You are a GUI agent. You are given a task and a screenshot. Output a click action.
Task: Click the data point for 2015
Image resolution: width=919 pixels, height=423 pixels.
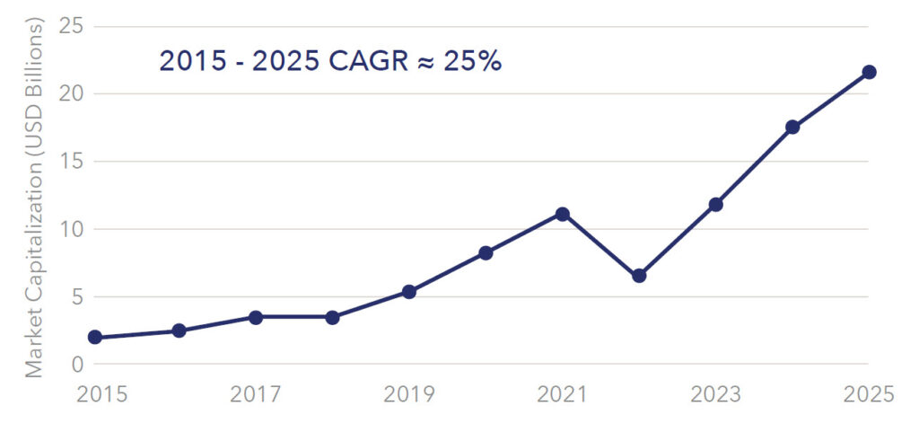pyautogui.click(x=94, y=338)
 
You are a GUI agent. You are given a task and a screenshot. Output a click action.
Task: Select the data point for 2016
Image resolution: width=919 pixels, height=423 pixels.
pyautogui.click(x=179, y=330)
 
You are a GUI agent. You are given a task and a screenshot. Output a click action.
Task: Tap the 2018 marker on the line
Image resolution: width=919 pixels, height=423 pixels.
pyautogui.click(x=332, y=317)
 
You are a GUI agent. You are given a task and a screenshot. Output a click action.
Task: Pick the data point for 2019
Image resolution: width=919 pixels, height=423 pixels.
pyautogui.click(x=409, y=292)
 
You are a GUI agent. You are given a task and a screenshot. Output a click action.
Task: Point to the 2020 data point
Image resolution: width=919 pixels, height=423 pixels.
pyautogui.click(x=486, y=253)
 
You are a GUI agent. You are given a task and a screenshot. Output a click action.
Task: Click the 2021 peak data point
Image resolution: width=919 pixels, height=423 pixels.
pyautogui.click(x=563, y=214)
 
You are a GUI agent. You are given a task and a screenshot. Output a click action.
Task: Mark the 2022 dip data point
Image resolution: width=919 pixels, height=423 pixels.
pyautogui.click(x=639, y=276)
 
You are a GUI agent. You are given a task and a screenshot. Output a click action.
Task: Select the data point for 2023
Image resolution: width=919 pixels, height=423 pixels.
pyautogui.click(x=716, y=204)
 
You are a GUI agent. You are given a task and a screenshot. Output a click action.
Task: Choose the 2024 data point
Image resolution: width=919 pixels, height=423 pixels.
pyautogui.click(x=792, y=127)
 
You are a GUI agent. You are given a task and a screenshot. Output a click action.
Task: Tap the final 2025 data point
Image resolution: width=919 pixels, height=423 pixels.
pyautogui.click(x=869, y=72)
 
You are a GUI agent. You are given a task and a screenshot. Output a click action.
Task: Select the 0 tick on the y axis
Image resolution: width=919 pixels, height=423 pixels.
pyautogui.click(x=76, y=365)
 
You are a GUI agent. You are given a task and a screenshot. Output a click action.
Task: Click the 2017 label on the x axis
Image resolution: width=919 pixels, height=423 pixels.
pyautogui.click(x=255, y=394)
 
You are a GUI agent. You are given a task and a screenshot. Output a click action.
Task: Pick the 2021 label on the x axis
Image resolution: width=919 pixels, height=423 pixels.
pyautogui.click(x=563, y=394)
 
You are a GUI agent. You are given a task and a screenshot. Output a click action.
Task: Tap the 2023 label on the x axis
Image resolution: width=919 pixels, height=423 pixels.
pyautogui.click(x=716, y=394)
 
